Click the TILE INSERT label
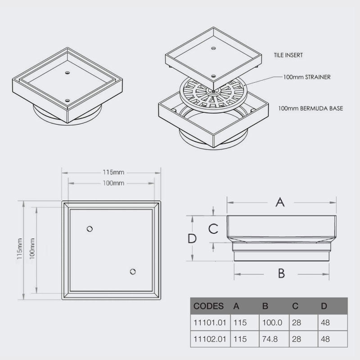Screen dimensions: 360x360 (288, 55)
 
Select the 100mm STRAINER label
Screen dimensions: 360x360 (307, 77)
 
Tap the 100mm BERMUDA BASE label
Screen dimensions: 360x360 (311, 108)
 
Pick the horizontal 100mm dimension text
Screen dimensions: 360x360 (113, 183)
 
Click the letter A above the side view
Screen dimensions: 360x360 (280, 202)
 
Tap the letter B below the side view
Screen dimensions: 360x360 (281, 273)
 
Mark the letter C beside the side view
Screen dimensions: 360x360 (213, 229)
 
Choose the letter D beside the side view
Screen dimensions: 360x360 (192, 238)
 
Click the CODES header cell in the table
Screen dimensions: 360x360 (208, 306)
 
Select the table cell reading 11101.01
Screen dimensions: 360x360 (210, 323)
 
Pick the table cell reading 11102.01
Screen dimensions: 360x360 (210, 339)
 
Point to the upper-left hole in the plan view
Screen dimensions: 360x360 (90, 229)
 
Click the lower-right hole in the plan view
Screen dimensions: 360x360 (133, 271)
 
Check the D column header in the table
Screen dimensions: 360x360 (324, 306)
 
